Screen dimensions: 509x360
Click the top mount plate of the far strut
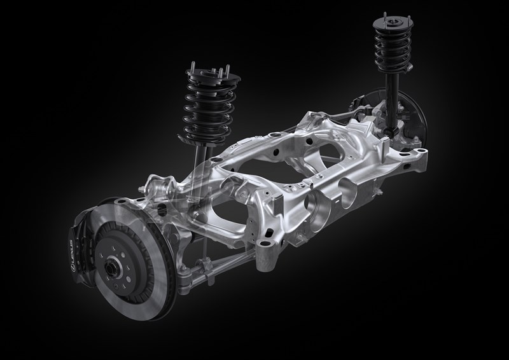(x=393, y=22)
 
